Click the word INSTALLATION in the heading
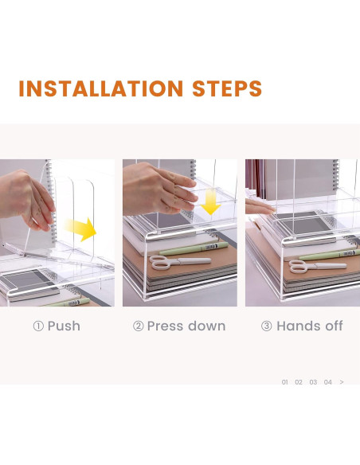pyautogui.click(x=101, y=88)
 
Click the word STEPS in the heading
pyautogui.click(x=227, y=88)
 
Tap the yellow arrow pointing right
pyautogui.click(x=80, y=229)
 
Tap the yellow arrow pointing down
pyautogui.click(x=210, y=202)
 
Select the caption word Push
pyautogui.click(x=64, y=326)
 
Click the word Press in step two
pyautogui.click(x=165, y=326)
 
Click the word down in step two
pyautogui.click(x=207, y=326)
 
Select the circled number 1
pyautogui.click(x=38, y=326)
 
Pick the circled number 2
pyautogui.click(x=139, y=326)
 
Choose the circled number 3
pyautogui.click(x=267, y=326)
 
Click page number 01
pyautogui.click(x=284, y=382)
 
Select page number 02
pyautogui.click(x=299, y=382)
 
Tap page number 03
pyautogui.click(x=313, y=382)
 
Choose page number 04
pyautogui.click(x=327, y=382)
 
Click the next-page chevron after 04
pyautogui.click(x=342, y=382)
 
